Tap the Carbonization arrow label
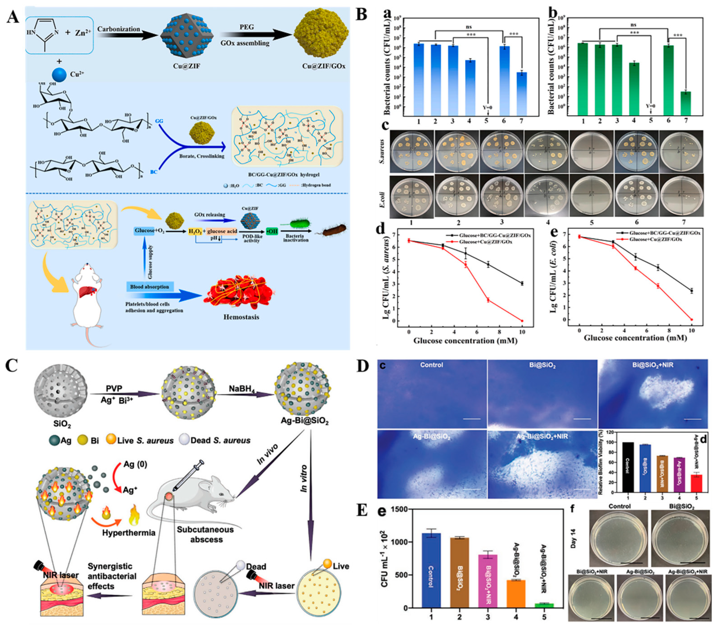119,29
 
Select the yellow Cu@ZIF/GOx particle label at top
324,65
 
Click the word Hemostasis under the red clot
241,317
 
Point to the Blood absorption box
149,287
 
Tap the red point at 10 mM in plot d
522,321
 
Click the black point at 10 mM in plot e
691,291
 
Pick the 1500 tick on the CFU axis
399,509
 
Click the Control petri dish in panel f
619,538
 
